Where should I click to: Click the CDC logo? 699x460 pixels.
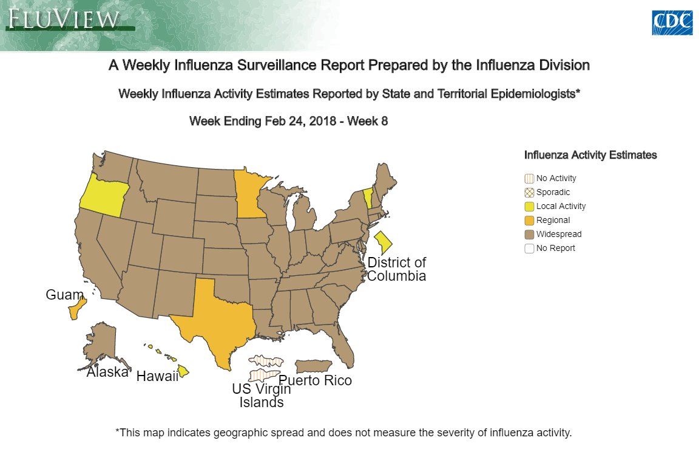click(x=672, y=22)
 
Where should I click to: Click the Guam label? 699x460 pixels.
click(x=64, y=295)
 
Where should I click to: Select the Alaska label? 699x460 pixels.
click(x=107, y=372)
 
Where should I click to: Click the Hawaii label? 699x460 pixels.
click(x=157, y=376)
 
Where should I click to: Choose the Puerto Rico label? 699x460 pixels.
click(x=315, y=381)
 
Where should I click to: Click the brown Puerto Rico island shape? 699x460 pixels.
click(x=312, y=366)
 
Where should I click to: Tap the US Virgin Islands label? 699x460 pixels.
click(x=261, y=396)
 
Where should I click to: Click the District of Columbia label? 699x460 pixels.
click(x=397, y=269)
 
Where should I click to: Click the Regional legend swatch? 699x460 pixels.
click(x=529, y=221)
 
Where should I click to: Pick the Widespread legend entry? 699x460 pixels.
click(x=558, y=235)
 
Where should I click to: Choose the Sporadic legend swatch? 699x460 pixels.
click(x=529, y=193)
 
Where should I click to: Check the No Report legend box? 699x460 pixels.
click(x=529, y=249)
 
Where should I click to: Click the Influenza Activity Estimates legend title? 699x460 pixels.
click(x=590, y=155)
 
